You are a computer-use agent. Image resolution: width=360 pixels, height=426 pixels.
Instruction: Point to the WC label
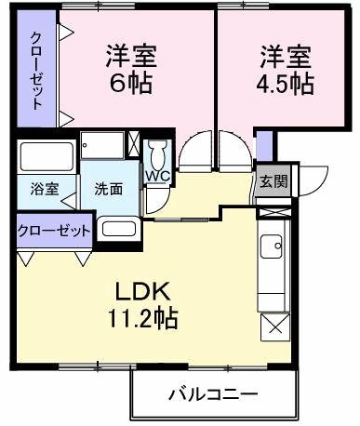click(156, 174)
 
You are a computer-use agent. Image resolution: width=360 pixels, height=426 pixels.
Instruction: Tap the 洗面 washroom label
click(108, 187)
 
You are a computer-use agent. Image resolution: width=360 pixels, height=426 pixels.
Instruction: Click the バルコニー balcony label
click(212, 394)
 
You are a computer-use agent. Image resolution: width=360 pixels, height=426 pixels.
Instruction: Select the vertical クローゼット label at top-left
click(36, 72)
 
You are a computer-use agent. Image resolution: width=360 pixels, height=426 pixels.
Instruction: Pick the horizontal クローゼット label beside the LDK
click(54, 229)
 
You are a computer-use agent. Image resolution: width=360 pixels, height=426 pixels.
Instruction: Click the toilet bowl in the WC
click(158, 152)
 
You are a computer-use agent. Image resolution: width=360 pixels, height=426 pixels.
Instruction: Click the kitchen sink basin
click(273, 247)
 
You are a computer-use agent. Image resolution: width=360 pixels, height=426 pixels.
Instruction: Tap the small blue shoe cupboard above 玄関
click(265, 147)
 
